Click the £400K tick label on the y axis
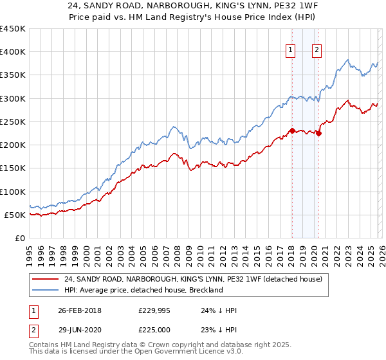point(13,52)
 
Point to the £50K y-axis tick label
point(15,215)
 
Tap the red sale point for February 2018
point(292,131)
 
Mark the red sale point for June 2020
point(318,134)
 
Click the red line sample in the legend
point(45,278)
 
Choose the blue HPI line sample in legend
point(45,290)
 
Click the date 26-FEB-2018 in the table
point(79,310)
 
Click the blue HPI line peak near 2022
point(347,60)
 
